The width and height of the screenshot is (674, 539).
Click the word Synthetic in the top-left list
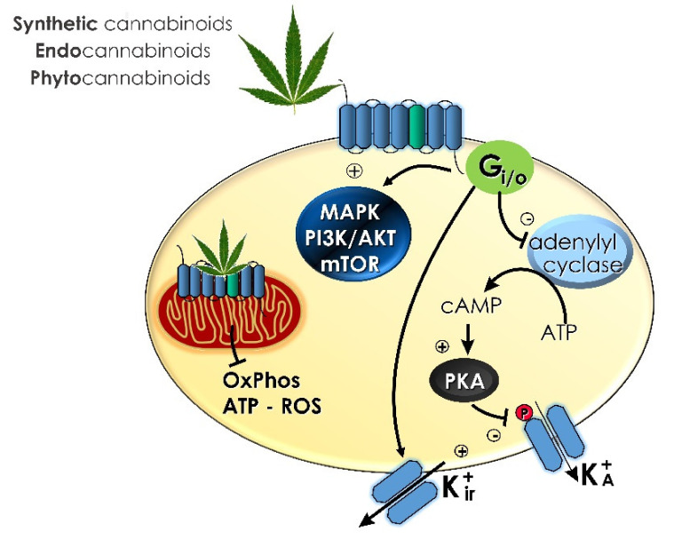(52, 25)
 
